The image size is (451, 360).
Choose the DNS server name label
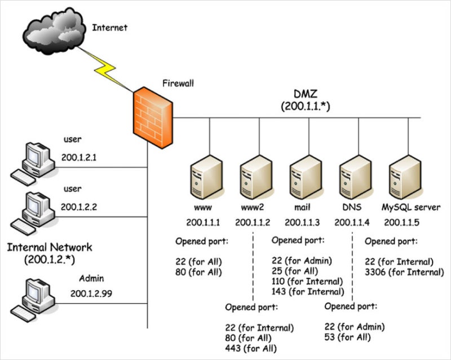352,207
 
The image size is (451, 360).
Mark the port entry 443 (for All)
251,348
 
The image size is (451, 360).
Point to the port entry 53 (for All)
348,337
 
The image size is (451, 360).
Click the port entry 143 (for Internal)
308,292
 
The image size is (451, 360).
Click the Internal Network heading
50,248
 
